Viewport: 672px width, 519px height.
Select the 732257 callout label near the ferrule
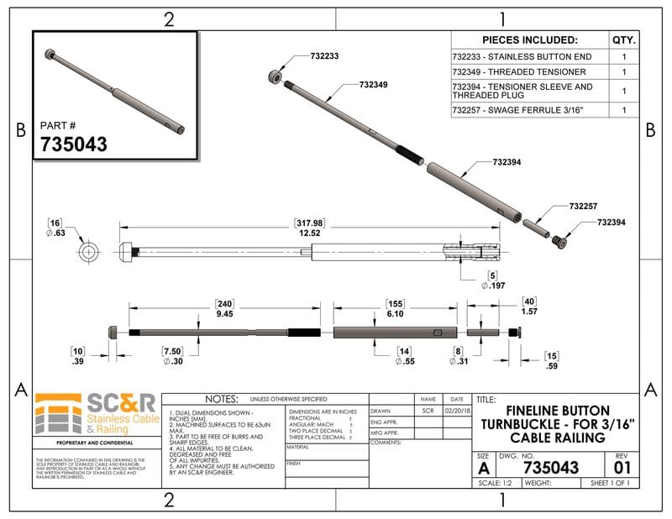point(583,206)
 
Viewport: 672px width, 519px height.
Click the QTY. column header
point(624,39)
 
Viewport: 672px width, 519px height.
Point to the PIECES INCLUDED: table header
point(530,39)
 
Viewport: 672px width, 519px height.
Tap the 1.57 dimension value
point(529,312)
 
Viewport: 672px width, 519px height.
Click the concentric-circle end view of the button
point(88,252)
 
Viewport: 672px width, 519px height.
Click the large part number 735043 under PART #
point(74,144)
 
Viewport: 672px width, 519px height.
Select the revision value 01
point(622,467)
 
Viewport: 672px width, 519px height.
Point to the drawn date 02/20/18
point(456,411)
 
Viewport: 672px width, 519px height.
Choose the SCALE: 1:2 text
point(495,483)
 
